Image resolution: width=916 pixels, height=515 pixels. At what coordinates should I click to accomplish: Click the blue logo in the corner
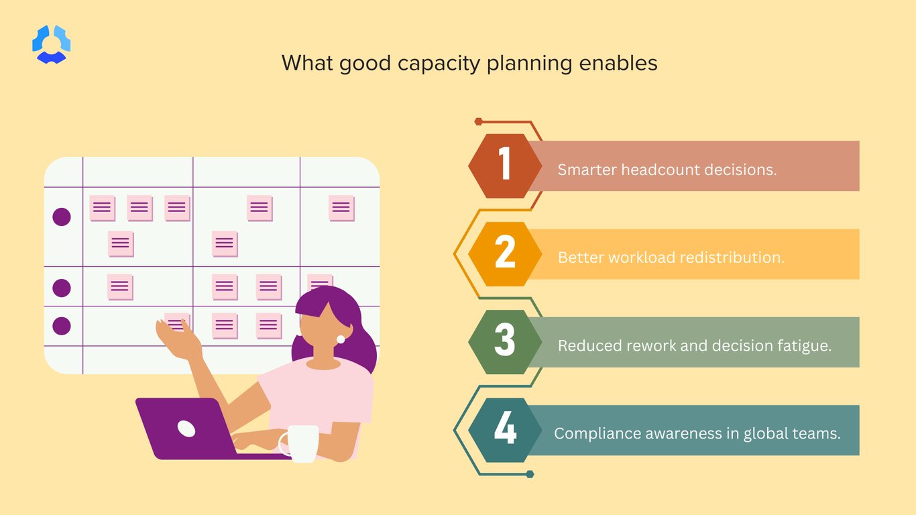(x=52, y=44)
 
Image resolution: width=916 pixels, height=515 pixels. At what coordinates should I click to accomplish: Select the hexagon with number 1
(x=505, y=166)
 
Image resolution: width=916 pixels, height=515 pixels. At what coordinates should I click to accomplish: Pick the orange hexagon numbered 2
(x=505, y=253)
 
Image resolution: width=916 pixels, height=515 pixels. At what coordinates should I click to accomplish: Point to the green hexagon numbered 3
(x=505, y=341)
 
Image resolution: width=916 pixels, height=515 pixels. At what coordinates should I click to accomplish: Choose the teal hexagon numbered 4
(x=505, y=430)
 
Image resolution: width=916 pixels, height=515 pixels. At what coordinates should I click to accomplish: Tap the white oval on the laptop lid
(x=186, y=428)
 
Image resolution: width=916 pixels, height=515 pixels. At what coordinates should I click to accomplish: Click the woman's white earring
(x=341, y=339)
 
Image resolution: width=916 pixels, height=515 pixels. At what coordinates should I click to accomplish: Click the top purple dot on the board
(x=62, y=217)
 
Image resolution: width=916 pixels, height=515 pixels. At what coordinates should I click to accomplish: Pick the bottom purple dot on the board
(x=62, y=326)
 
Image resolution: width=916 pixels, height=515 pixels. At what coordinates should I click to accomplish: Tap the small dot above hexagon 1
(x=478, y=121)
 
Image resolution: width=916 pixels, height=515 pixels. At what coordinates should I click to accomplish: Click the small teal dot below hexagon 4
(x=530, y=474)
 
